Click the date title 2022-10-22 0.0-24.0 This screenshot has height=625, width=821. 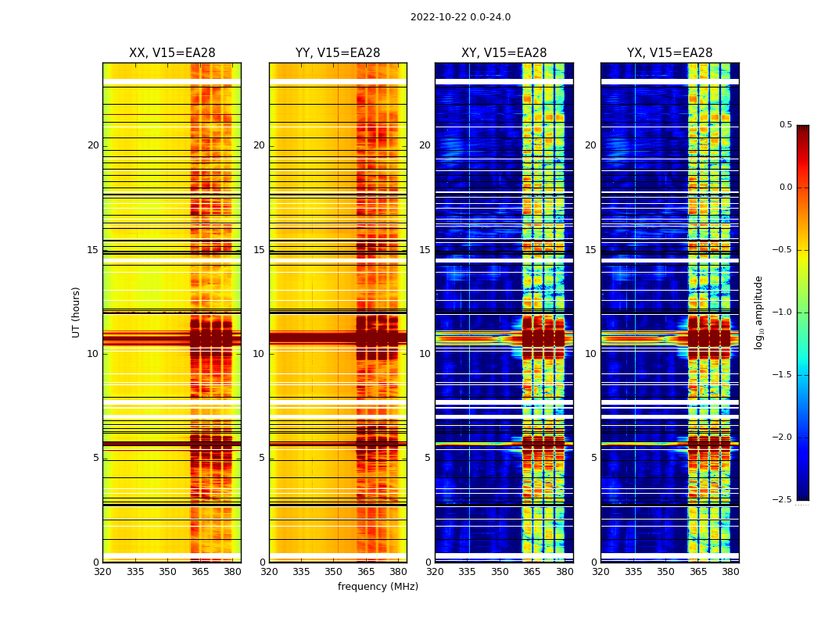point(461,17)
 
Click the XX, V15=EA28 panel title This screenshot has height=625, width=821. point(172,53)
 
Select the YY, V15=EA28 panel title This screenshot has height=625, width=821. point(338,53)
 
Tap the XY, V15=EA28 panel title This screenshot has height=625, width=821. point(504,53)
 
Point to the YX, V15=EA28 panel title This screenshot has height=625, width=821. point(669,53)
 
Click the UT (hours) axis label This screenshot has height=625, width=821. point(76,312)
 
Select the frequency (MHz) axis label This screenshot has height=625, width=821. point(378,587)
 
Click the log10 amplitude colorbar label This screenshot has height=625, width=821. point(758,312)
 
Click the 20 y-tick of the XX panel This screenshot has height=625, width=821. point(93,145)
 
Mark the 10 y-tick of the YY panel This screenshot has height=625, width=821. point(259,354)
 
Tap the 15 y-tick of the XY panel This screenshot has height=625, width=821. point(425,250)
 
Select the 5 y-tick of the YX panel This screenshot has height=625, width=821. point(593,458)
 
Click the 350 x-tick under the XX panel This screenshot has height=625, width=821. point(167,572)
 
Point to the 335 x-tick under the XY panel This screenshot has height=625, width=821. point(467,572)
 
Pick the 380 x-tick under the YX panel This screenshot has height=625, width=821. point(730,572)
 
